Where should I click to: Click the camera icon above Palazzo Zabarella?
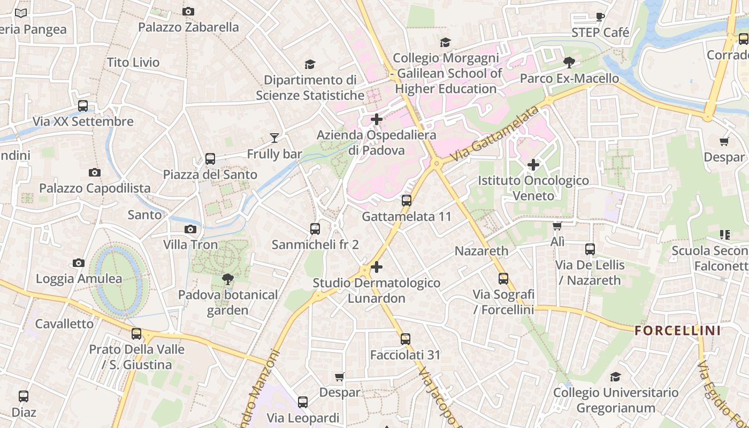click(188, 11)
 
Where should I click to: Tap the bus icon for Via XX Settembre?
click(83, 105)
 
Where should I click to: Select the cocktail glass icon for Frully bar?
click(274, 138)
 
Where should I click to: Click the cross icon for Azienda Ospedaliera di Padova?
click(377, 119)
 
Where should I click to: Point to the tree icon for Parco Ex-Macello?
click(569, 63)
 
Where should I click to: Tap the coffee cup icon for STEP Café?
click(600, 17)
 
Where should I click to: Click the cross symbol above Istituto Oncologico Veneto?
click(533, 165)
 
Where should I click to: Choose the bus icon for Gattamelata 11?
click(407, 201)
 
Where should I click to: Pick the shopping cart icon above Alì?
click(557, 226)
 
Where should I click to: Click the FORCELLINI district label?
click(678, 331)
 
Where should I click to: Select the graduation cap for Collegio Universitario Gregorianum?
click(615, 377)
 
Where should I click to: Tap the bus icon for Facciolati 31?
click(406, 339)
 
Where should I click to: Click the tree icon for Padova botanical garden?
click(228, 279)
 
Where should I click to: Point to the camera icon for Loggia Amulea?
click(79, 263)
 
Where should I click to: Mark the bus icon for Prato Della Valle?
click(136, 334)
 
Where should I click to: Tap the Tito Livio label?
click(133, 63)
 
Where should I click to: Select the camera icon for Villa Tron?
click(190, 229)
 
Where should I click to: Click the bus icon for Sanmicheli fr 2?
click(315, 229)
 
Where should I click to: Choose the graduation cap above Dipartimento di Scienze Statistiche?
click(310, 65)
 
